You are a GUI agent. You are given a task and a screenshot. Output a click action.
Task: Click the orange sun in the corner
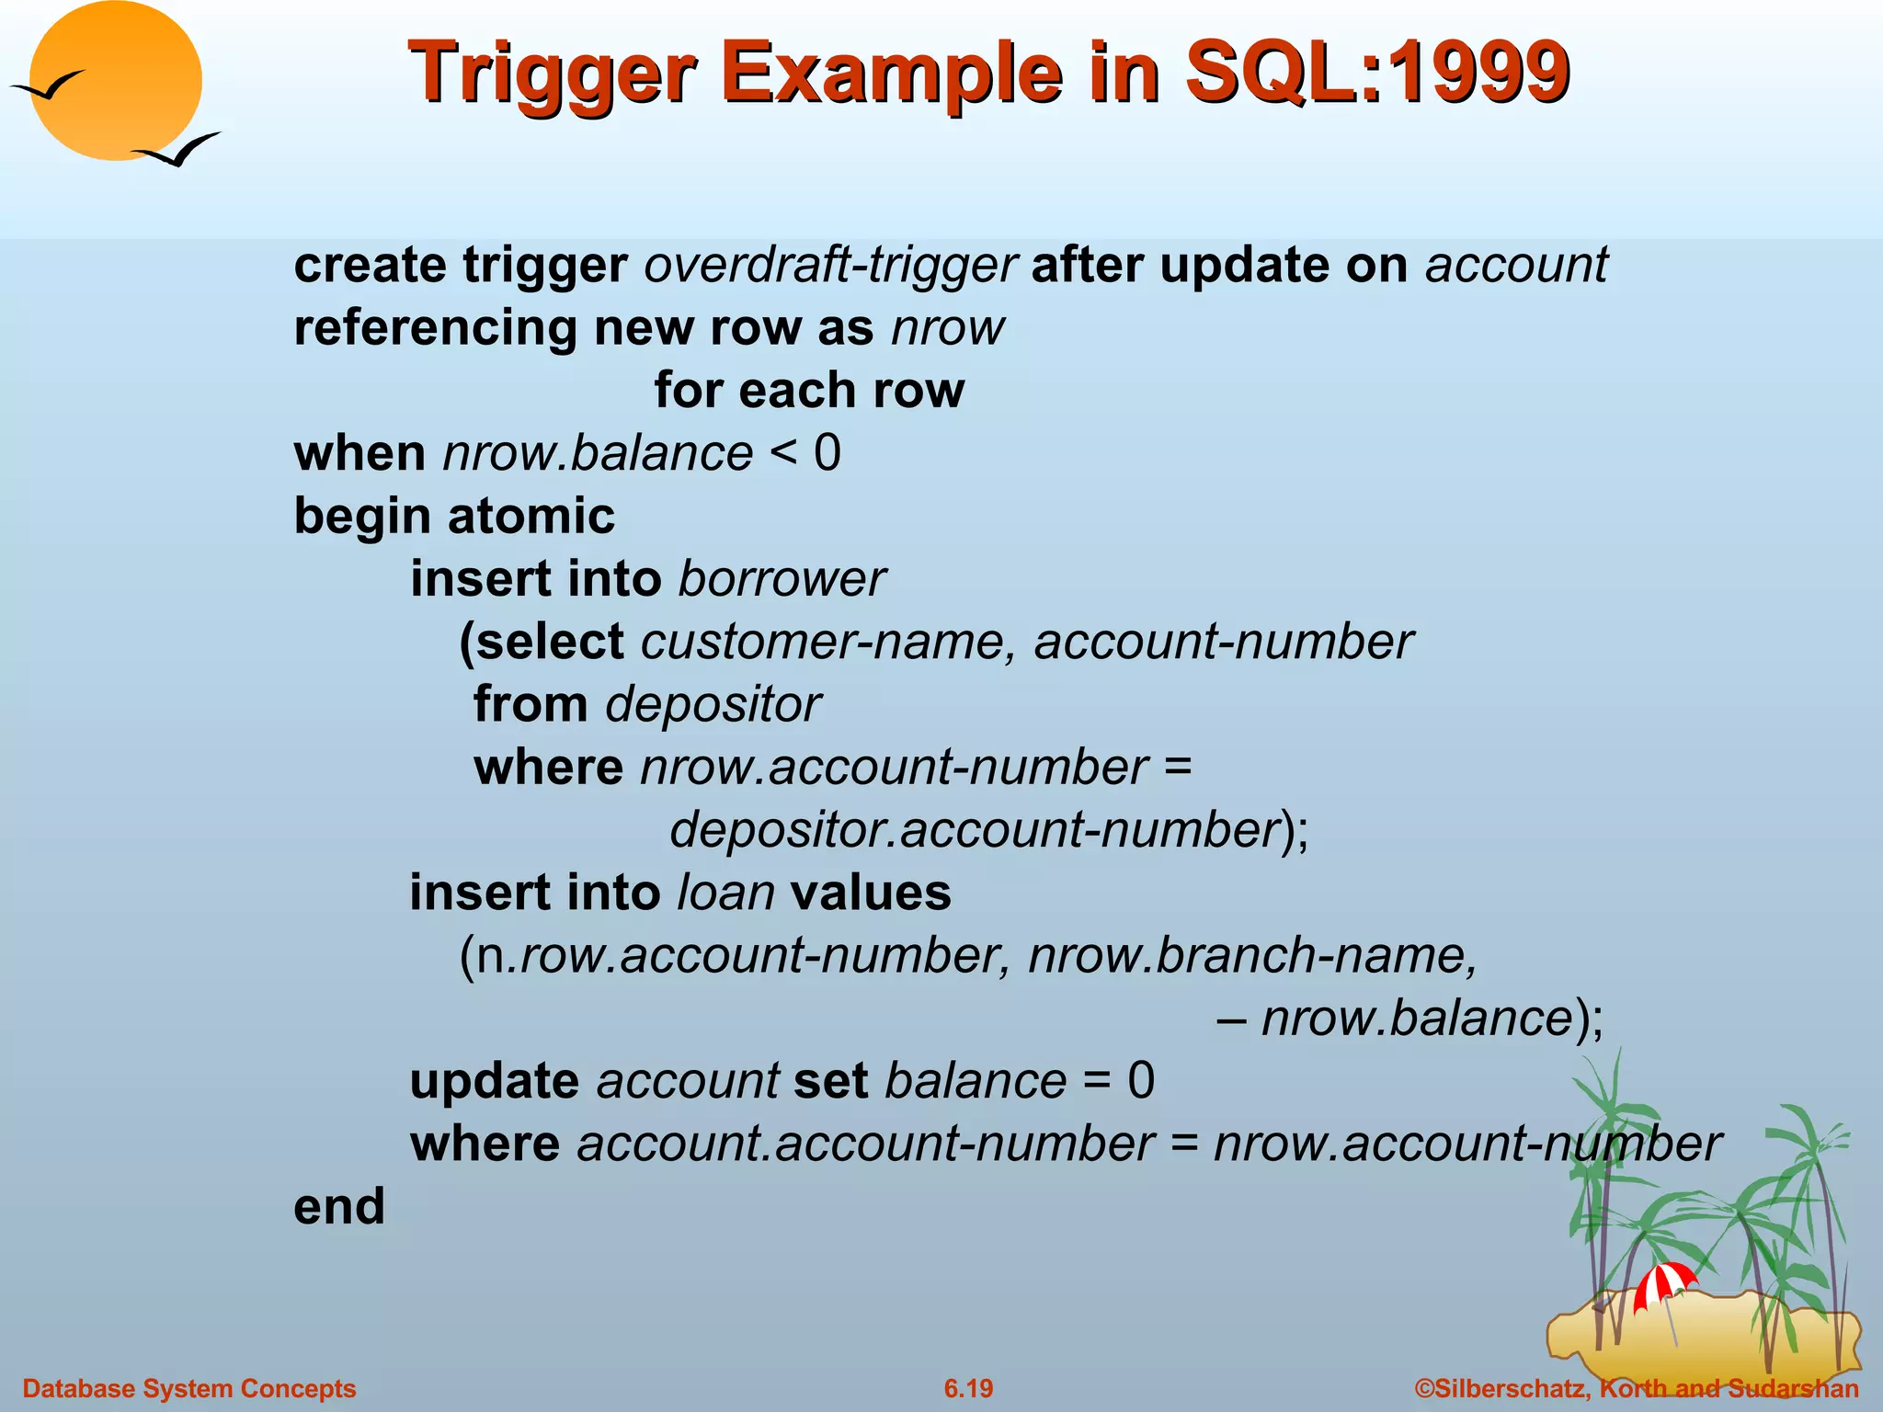[x=116, y=81]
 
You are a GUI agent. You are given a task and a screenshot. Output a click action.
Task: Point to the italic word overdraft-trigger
[x=829, y=265]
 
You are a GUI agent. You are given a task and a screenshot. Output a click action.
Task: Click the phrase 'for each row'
[x=809, y=390]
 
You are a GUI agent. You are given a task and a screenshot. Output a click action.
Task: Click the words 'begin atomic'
[x=454, y=516]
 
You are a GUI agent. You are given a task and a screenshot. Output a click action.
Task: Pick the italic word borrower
[x=782, y=579]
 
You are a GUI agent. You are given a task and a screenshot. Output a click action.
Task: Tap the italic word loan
[x=725, y=893]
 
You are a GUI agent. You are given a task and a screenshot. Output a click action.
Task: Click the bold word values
[x=871, y=893]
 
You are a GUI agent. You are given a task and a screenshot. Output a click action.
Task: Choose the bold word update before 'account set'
[x=495, y=1081]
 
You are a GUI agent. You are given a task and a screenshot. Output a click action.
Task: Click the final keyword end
[x=339, y=1206]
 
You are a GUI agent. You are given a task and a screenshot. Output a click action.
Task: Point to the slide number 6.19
[x=968, y=1388]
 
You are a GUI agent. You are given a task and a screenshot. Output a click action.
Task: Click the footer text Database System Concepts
[x=189, y=1388]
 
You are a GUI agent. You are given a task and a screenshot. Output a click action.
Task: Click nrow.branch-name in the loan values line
[x=1252, y=956]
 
